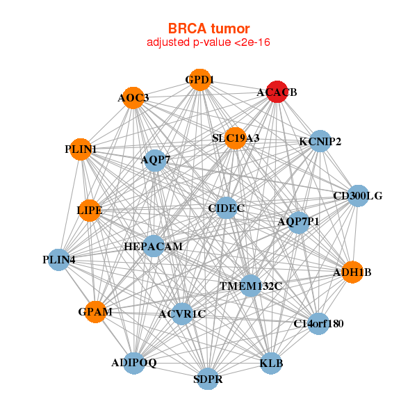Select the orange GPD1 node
[x=199, y=80]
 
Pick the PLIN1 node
[x=81, y=149]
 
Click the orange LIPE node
[x=90, y=209]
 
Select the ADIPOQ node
[x=135, y=363]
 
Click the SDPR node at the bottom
[x=208, y=379]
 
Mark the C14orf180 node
[x=318, y=324]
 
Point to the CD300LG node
[x=357, y=195]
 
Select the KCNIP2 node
[x=319, y=142]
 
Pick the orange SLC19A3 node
[x=236, y=138]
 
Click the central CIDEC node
[x=227, y=207]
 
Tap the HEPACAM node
[x=154, y=246]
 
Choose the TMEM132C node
[x=251, y=286]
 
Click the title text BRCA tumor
[x=208, y=28]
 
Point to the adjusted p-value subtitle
[x=208, y=42]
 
